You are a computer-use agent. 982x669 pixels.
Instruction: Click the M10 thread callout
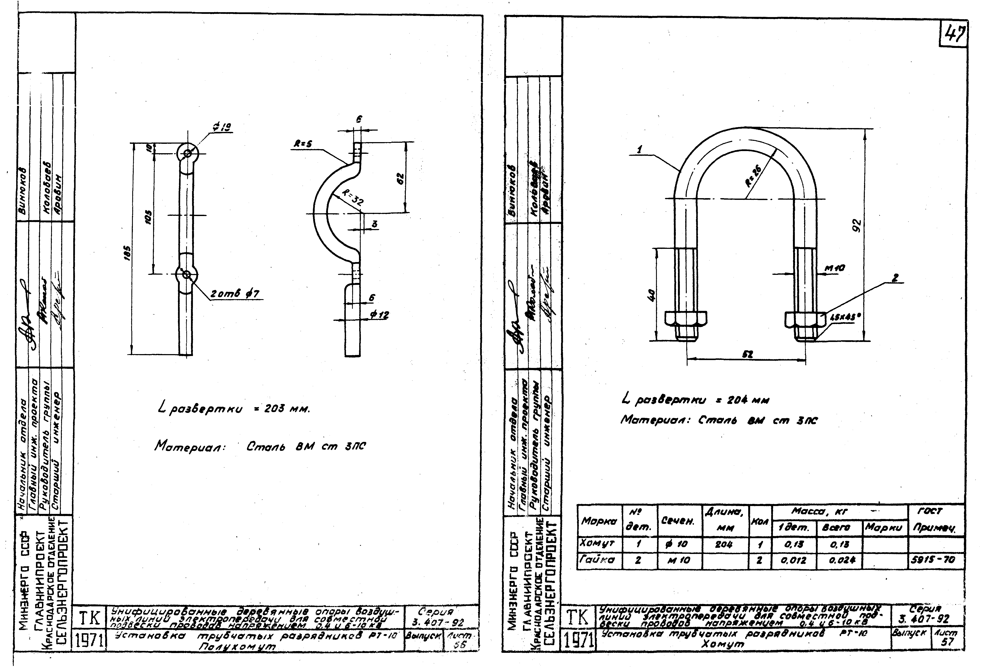pyautogui.click(x=834, y=268)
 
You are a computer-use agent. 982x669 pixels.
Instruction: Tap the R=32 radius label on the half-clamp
pyautogui.click(x=352, y=199)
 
